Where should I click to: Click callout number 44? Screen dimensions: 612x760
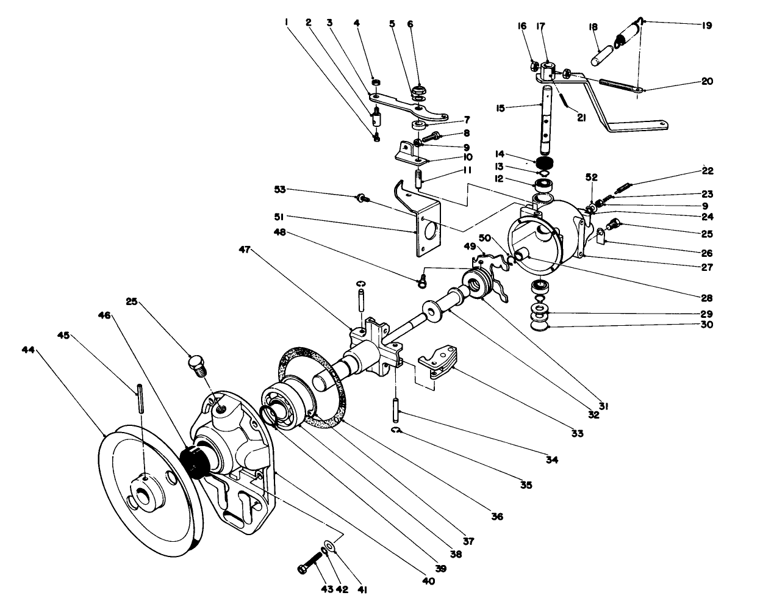28,351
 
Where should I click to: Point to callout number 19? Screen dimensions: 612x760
706,26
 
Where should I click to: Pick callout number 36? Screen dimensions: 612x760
497,516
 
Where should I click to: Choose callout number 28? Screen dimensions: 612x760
706,298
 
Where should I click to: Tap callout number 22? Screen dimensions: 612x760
706,171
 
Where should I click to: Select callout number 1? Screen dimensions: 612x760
286,23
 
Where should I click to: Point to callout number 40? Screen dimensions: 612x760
428,581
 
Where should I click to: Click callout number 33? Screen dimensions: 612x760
576,433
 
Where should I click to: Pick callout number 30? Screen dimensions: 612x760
706,325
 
